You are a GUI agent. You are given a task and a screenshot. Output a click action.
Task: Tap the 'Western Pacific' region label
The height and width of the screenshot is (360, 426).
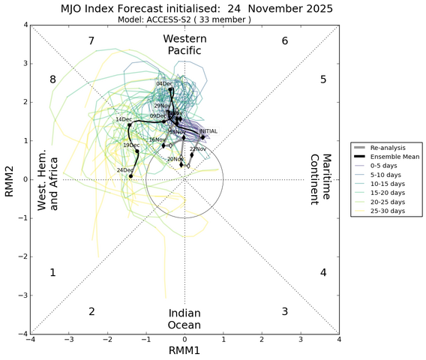(x=184, y=44)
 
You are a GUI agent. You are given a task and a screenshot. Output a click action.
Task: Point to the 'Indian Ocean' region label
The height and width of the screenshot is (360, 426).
(x=184, y=318)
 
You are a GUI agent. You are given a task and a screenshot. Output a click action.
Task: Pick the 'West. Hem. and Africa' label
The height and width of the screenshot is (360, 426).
(x=48, y=179)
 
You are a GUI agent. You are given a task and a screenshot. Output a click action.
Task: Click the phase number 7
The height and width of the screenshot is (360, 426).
(x=91, y=40)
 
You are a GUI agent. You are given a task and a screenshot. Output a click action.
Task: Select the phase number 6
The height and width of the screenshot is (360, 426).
(x=285, y=40)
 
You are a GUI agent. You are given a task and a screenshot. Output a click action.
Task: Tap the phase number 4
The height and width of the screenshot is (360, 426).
(x=323, y=272)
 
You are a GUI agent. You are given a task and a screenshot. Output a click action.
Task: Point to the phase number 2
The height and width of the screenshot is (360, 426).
(x=91, y=311)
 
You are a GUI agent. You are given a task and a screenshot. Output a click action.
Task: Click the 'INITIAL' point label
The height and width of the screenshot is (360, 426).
(x=208, y=131)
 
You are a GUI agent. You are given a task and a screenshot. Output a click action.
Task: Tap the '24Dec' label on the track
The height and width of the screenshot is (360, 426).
(x=124, y=170)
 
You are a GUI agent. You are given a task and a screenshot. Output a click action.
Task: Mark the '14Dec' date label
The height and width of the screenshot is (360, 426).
(x=124, y=119)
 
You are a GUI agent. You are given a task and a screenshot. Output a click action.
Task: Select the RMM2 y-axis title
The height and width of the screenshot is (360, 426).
(x=10, y=179)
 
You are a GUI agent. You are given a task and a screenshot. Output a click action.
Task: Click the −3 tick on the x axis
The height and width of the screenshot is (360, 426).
(x=68, y=340)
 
